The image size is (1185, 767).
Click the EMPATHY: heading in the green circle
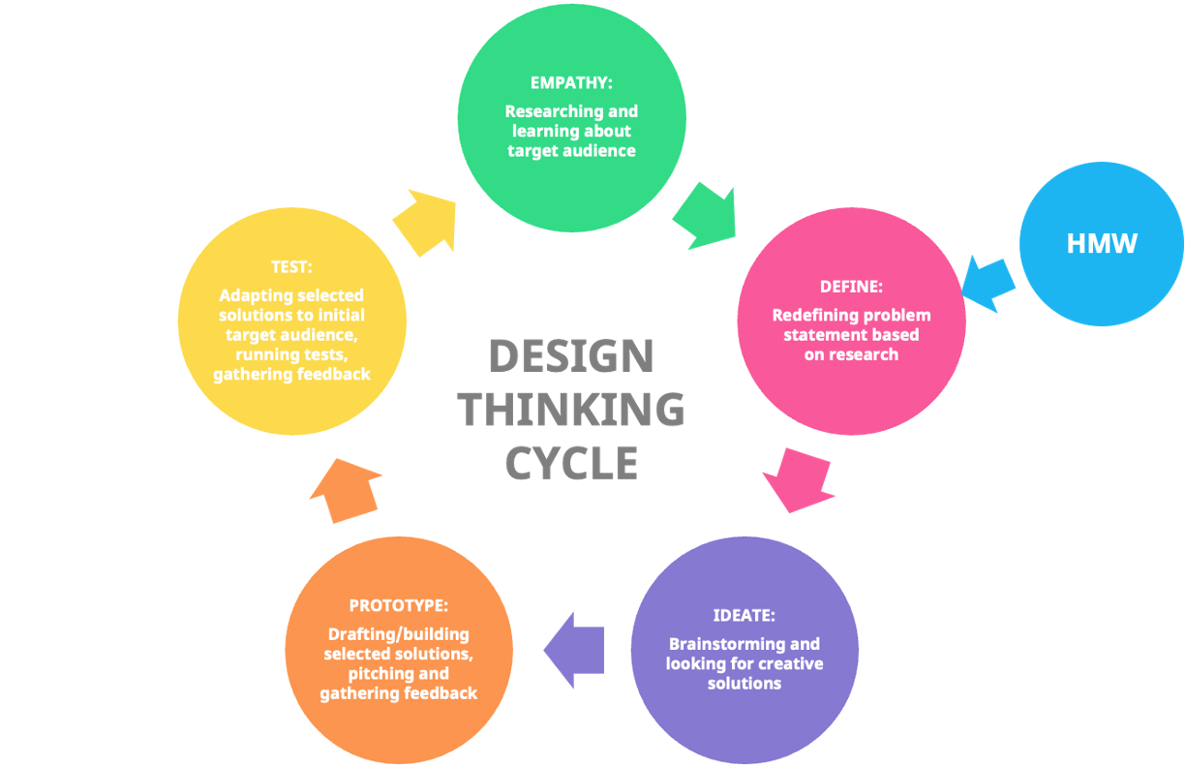tap(571, 82)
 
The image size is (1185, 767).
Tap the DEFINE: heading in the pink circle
tap(851, 287)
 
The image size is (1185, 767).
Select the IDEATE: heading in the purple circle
tap(744, 615)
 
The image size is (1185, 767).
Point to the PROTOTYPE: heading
tap(399, 605)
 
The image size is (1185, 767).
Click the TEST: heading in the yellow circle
tap(291, 266)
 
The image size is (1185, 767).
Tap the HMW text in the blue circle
tap(1102, 243)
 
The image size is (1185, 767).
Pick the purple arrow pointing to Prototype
tap(574, 650)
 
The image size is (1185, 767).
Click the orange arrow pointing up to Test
tap(346, 491)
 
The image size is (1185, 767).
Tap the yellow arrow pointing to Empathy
tap(426, 221)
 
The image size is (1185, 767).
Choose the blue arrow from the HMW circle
tap(988, 282)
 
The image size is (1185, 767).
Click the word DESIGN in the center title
tap(571, 356)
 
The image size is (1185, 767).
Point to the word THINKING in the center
tap(572, 410)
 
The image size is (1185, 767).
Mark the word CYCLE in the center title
tap(572, 463)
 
